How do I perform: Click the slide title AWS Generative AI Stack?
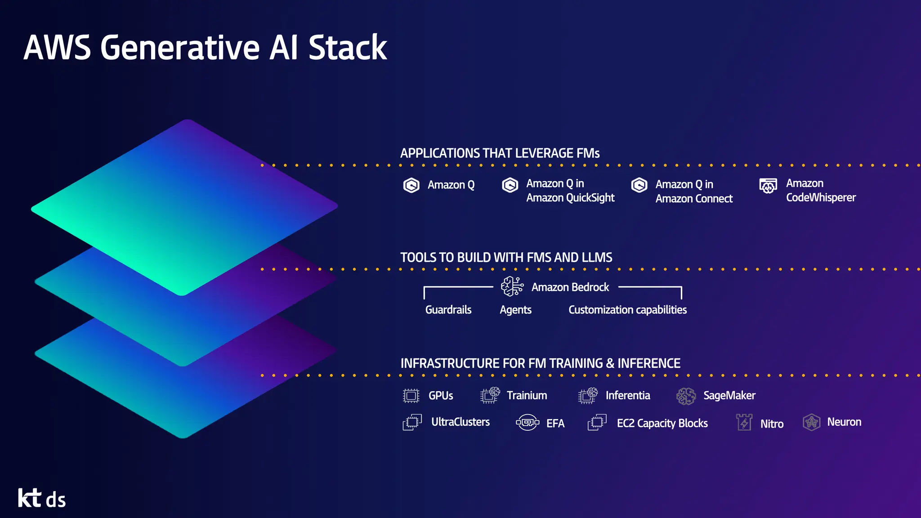[x=205, y=48]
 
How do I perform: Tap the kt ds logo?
[x=42, y=498]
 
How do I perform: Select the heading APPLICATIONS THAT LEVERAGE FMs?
[x=500, y=153]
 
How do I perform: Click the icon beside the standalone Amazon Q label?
[x=411, y=185]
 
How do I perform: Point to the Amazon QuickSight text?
[x=570, y=198]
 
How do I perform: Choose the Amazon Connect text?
[x=693, y=199]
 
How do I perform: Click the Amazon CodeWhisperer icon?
[x=768, y=185]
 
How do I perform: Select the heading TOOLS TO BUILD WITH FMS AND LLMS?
[x=506, y=258]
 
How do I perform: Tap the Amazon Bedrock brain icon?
[x=512, y=286]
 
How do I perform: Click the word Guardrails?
[x=448, y=310]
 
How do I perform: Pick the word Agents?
[x=515, y=310]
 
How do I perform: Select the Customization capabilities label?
[x=627, y=310]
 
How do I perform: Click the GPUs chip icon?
[x=411, y=396]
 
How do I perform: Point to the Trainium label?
[x=527, y=396]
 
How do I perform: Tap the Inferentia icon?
[x=587, y=396]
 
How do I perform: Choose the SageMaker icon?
[x=686, y=396]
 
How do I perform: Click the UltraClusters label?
[x=460, y=422]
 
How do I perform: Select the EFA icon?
[x=527, y=423]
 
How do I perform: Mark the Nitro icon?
[x=744, y=423]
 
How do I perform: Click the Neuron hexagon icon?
[x=811, y=423]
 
